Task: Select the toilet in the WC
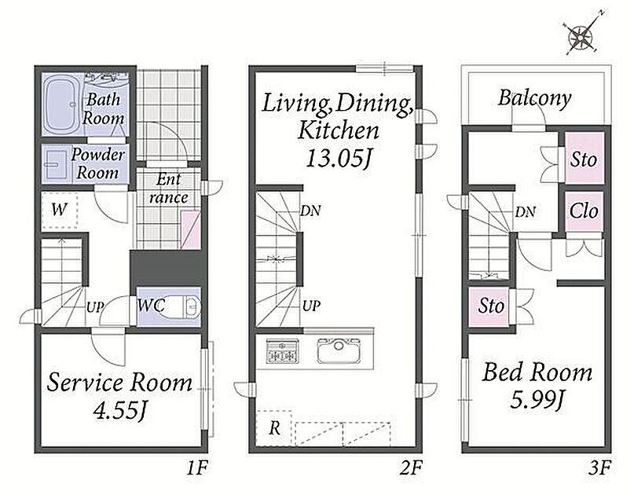[x=187, y=306]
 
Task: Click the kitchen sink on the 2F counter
[x=339, y=350]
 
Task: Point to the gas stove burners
[x=283, y=351]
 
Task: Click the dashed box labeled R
[x=274, y=428]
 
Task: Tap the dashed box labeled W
[x=60, y=210]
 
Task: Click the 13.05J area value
[x=338, y=159]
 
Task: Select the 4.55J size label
[x=119, y=412]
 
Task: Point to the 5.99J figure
[x=537, y=400]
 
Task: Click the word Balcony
[x=534, y=98]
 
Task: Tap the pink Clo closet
[x=585, y=211]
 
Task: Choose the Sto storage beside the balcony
[x=585, y=158]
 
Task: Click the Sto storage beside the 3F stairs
[x=490, y=306]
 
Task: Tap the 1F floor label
[x=197, y=468]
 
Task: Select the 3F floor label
[x=599, y=468]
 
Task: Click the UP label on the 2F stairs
[x=311, y=306]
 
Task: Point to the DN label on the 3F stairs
[x=526, y=211]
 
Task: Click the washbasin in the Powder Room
[x=56, y=164]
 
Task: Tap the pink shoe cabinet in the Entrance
[x=190, y=229]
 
